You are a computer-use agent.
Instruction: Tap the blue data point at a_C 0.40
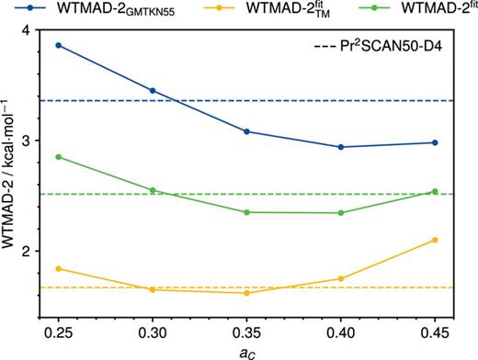point(341,147)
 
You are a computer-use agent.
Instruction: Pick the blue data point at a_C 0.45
point(435,142)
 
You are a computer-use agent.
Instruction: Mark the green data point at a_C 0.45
point(435,192)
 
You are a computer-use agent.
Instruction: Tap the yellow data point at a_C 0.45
point(435,240)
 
